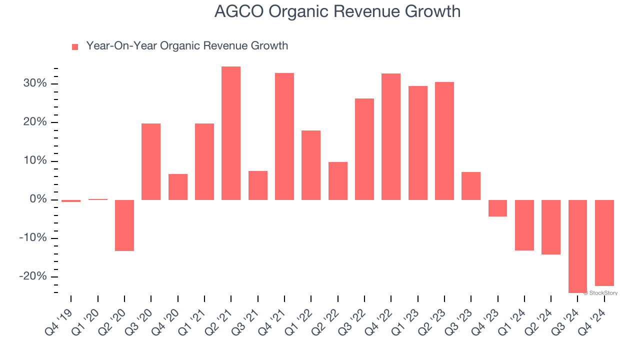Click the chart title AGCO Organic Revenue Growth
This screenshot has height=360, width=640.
coord(337,11)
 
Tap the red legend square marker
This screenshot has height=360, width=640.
coord(75,46)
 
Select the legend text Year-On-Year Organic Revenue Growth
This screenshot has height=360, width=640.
coord(187,46)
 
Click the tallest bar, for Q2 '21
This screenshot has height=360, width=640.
coord(231,133)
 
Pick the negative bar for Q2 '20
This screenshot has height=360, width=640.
coord(124,225)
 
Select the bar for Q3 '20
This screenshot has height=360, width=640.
coord(151,161)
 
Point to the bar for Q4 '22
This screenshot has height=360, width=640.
coord(391,136)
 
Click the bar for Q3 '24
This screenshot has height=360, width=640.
coord(577,246)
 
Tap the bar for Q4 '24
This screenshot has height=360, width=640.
coord(604,242)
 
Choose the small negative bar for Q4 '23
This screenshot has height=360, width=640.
coord(497,208)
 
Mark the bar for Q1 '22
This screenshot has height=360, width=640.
coord(311,165)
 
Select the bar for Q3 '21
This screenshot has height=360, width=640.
coord(258,185)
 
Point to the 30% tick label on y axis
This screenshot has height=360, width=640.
coord(35,83)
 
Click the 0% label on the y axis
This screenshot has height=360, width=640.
coord(38,199)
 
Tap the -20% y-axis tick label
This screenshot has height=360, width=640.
coord(33,276)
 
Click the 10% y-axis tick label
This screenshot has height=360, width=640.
coord(35,161)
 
